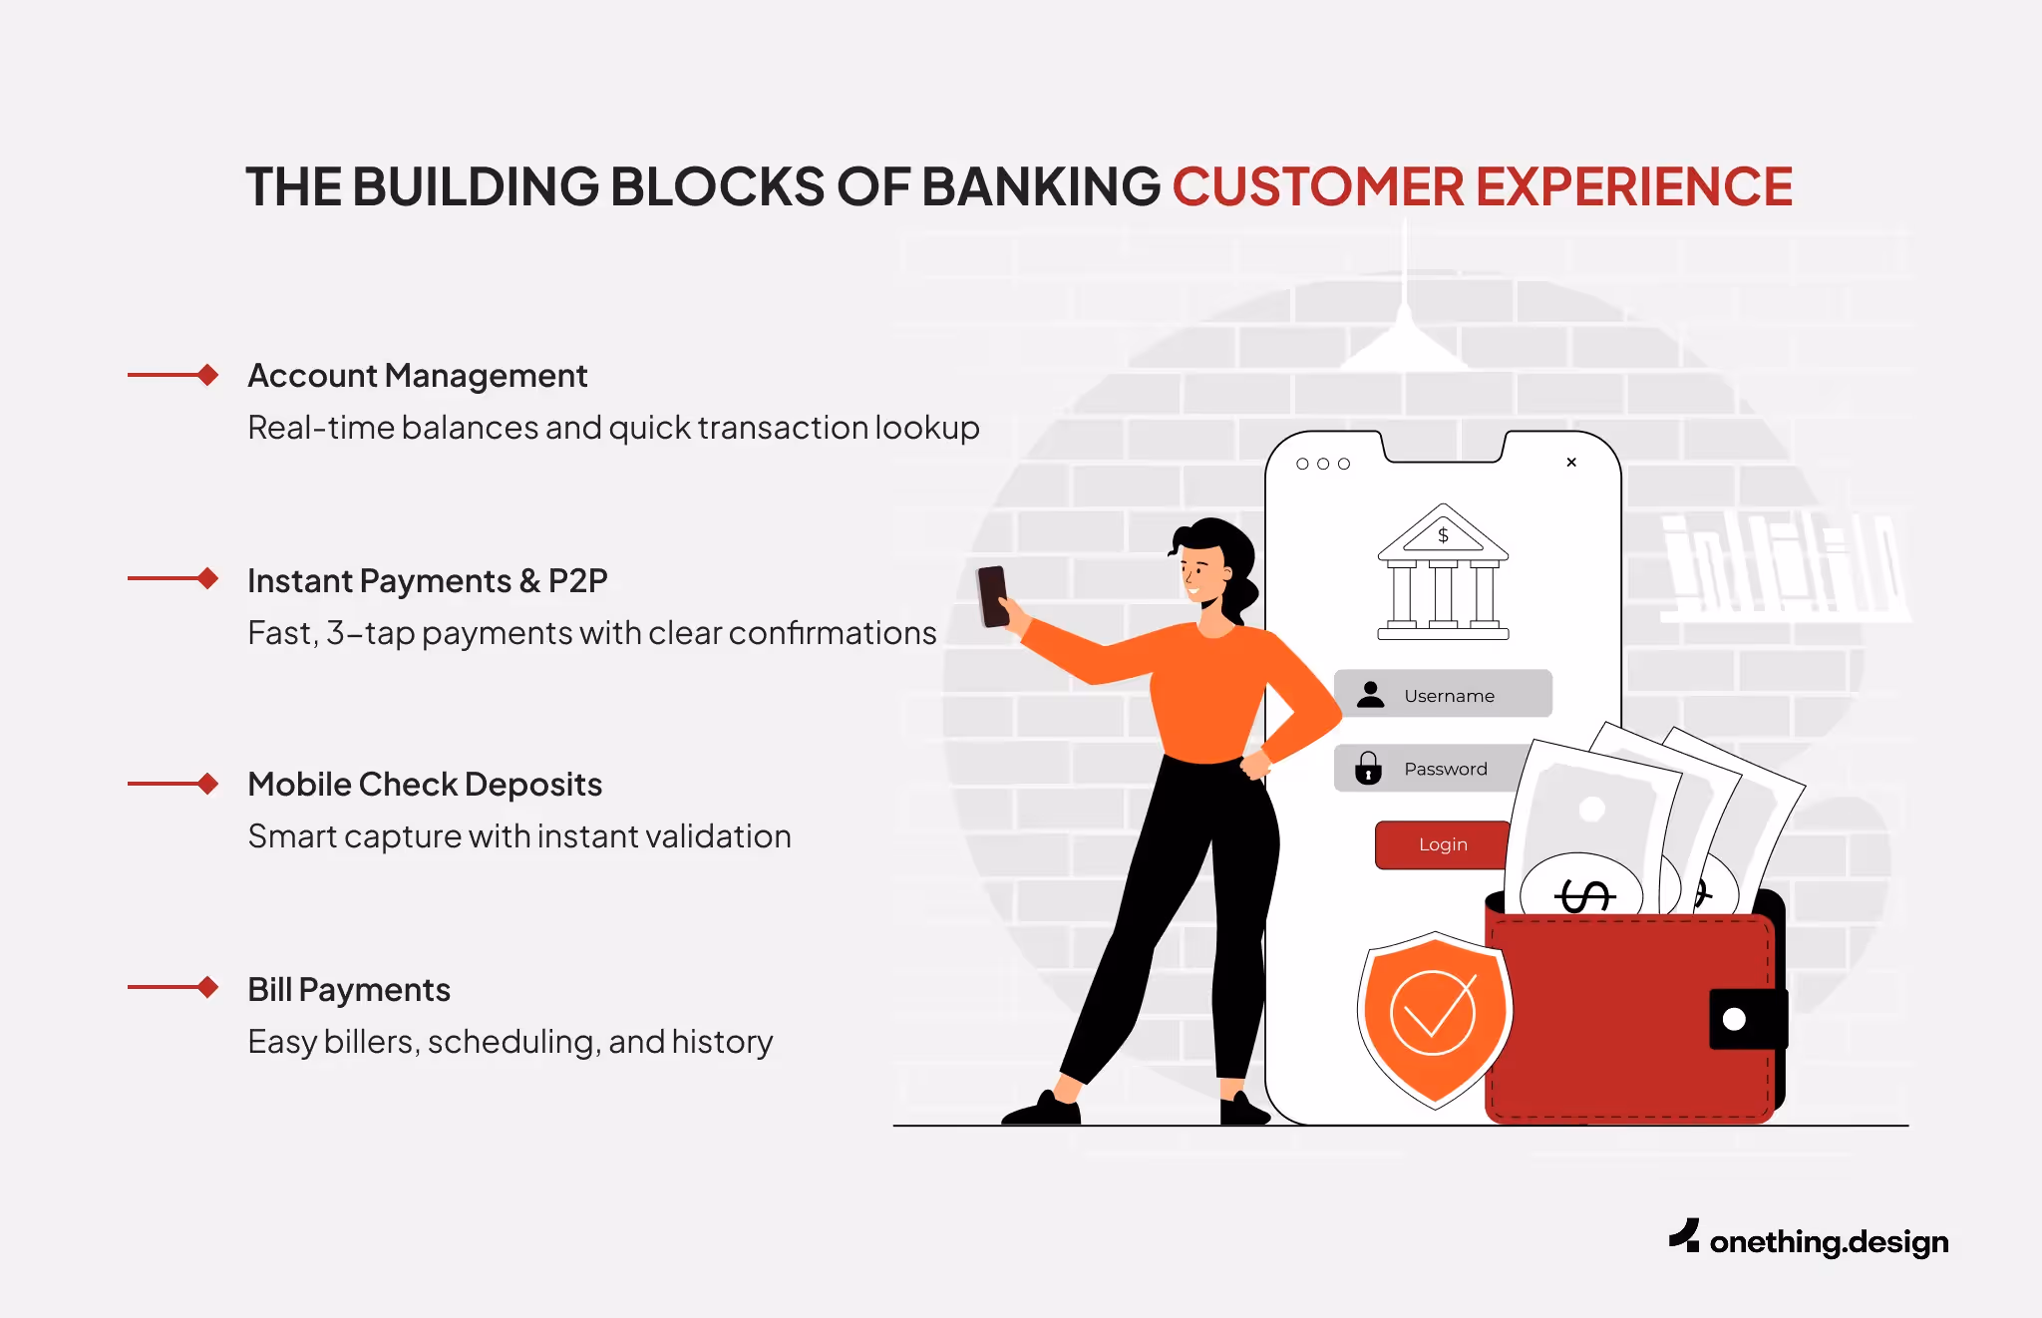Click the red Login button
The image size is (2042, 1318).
click(1442, 844)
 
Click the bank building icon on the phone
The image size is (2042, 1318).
click(1443, 572)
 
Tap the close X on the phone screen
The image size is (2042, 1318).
click(1571, 463)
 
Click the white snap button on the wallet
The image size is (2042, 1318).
click(1734, 1019)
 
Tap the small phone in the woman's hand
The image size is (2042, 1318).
click(993, 596)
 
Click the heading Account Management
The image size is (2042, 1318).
click(417, 376)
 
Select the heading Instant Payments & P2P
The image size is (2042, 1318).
click(427, 580)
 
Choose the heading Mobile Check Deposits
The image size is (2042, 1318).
click(425, 785)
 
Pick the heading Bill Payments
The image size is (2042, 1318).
click(349, 990)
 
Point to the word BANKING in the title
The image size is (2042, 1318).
click(1041, 187)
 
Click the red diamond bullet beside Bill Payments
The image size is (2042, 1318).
click(207, 987)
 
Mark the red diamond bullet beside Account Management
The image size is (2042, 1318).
click(207, 375)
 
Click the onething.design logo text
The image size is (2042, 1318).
click(1828, 1242)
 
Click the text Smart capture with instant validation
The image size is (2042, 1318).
click(518, 836)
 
